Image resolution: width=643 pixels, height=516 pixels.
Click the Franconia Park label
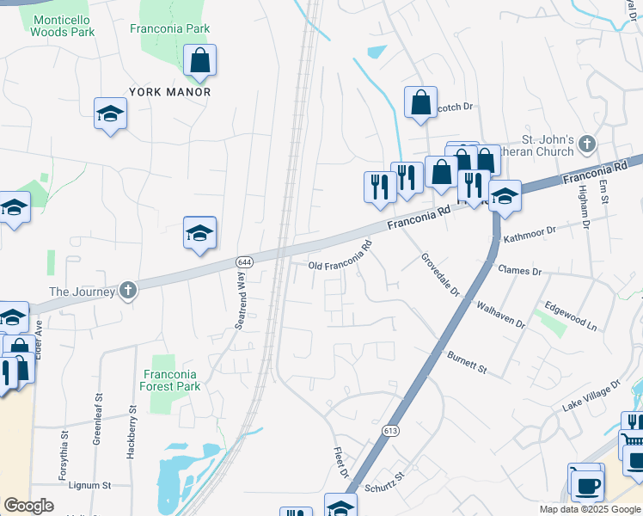click(x=170, y=28)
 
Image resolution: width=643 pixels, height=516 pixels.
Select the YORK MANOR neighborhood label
click(x=169, y=91)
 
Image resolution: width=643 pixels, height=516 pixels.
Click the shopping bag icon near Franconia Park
click(x=199, y=61)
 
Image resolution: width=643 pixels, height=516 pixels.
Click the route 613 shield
click(x=391, y=430)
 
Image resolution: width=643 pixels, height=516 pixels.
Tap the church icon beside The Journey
click(x=128, y=291)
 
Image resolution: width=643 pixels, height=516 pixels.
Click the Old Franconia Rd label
click(x=340, y=255)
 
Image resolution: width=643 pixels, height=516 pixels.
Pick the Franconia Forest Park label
click(x=170, y=380)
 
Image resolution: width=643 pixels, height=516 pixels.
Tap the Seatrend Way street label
click(x=241, y=298)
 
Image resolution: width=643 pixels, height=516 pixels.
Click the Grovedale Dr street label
click(x=440, y=275)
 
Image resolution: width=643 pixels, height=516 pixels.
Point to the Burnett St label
click(x=467, y=362)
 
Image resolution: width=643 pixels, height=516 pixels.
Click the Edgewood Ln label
click(x=571, y=316)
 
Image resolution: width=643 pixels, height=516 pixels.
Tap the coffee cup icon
click(x=586, y=485)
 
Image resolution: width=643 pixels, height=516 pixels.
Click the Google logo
click(x=28, y=506)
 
